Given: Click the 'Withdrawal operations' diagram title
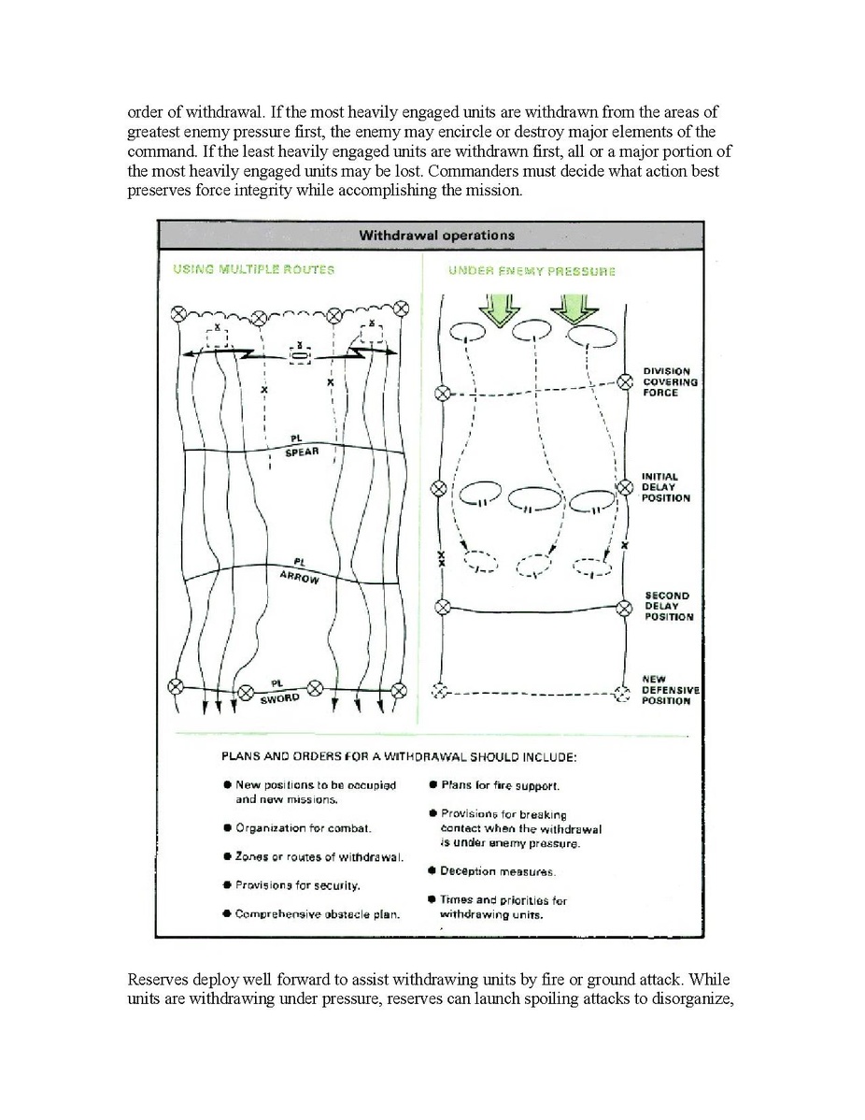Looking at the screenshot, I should (436, 236).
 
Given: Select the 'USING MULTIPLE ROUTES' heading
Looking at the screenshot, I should (253, 269).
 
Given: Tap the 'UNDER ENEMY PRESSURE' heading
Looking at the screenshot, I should (532, 271).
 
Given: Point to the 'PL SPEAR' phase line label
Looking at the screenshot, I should (302, 447).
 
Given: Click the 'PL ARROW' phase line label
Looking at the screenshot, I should (300, 570).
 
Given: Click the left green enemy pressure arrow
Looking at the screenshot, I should (497, 309).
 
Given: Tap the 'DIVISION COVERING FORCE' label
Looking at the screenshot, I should (670, 382).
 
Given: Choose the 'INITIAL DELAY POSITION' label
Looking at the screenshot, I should (666, 487).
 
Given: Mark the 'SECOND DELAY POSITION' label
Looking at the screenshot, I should (668, 606).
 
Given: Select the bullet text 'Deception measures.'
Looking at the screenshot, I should (498, 871).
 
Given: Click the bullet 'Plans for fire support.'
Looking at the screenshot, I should (500, 786).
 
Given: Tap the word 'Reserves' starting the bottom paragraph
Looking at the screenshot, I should (158, 981).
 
